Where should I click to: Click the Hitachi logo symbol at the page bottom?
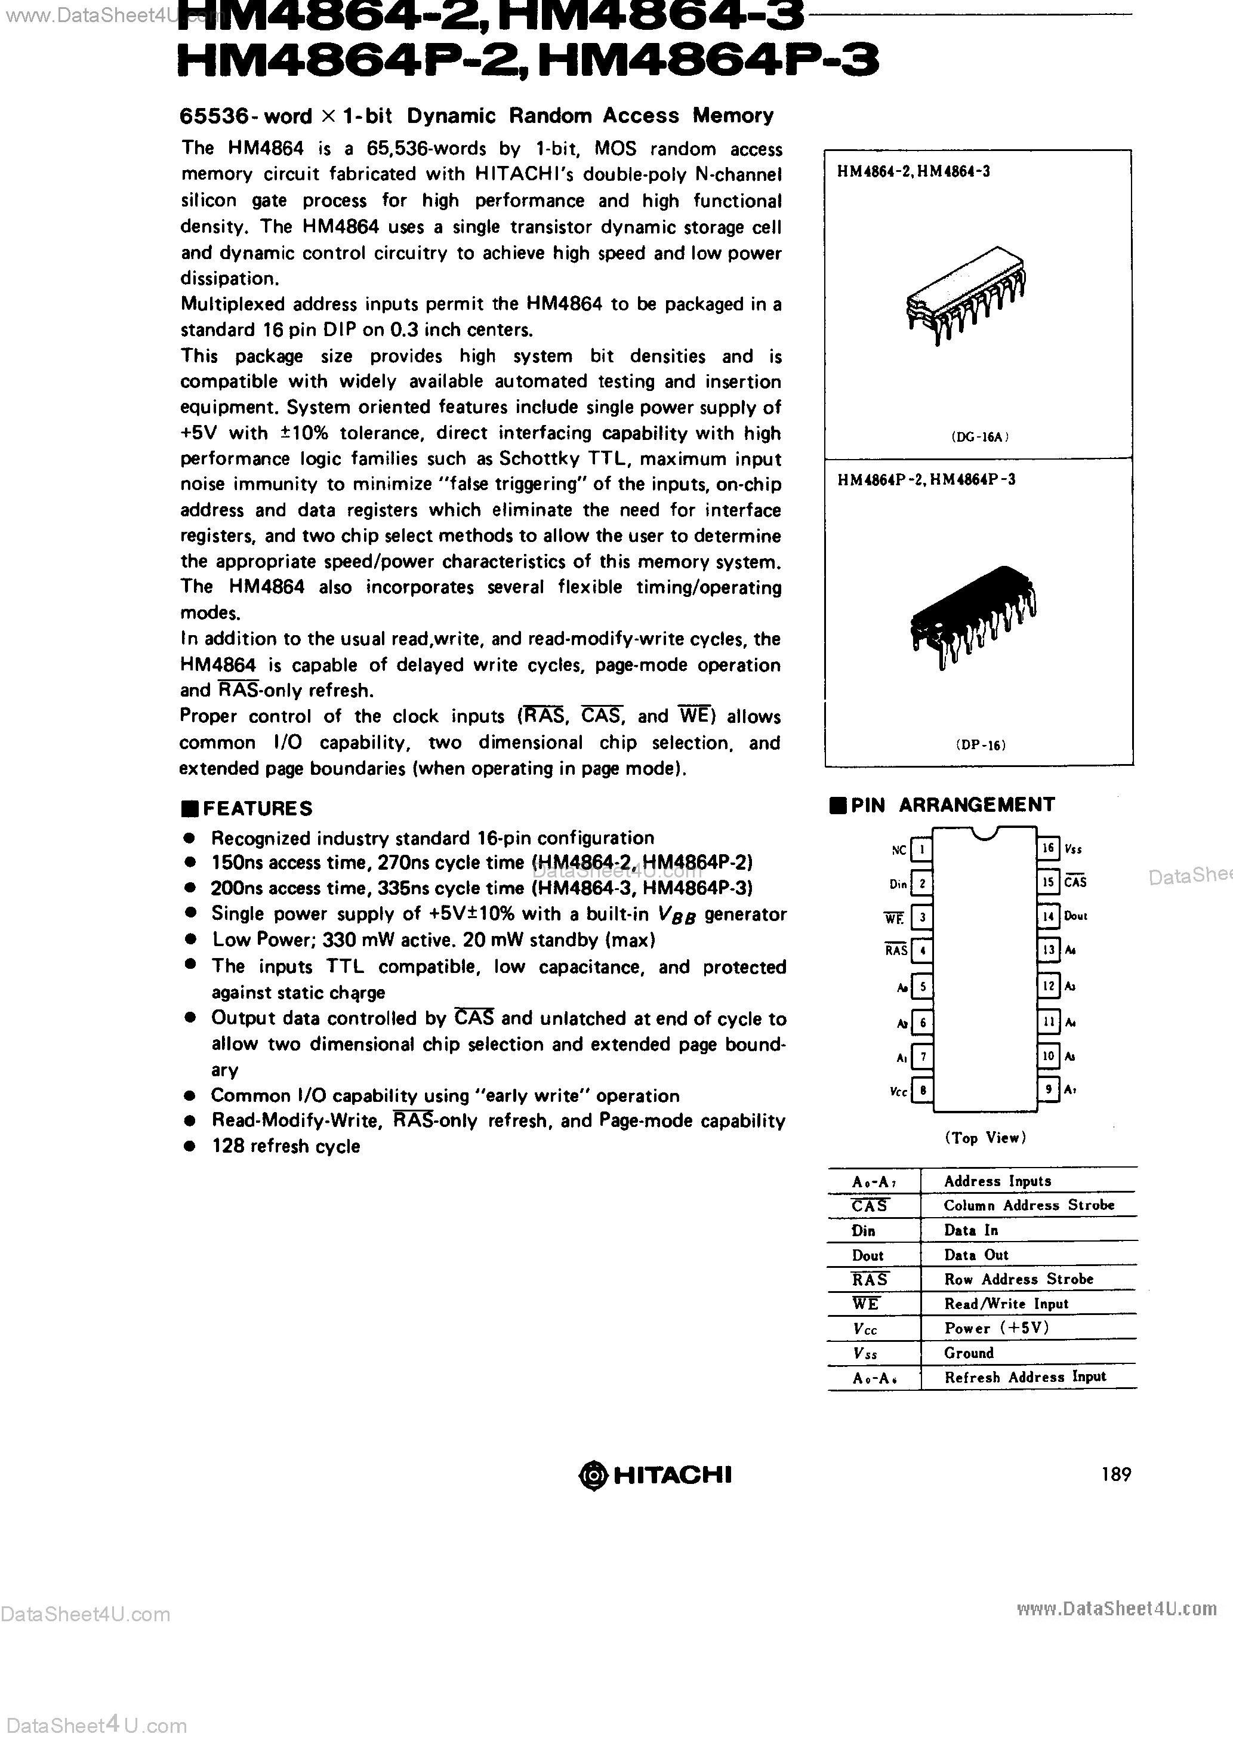tap(593, 1475)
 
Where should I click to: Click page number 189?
tap(1115, 1474)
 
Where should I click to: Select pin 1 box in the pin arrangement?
tap(921, 849)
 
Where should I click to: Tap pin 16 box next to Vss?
tap(1049, 847)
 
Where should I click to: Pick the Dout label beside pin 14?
tap(1076, 916)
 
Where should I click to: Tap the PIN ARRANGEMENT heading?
tap(952, 805)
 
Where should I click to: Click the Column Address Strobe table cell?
tap(1029, 1205)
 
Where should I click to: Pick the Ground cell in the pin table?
tap(968, 1353)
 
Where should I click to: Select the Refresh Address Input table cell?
tap(1025, 1377)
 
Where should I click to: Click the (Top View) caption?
tap(985, 1137)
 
